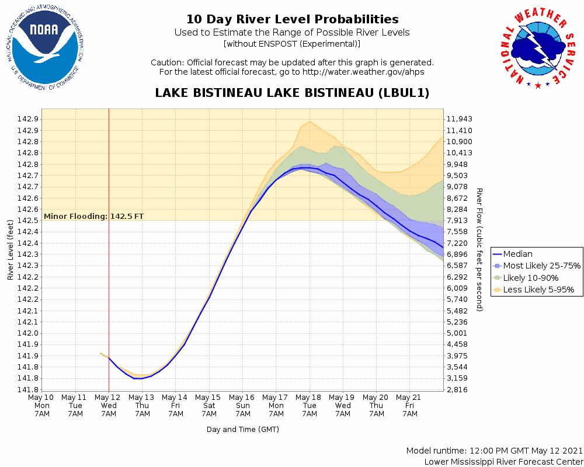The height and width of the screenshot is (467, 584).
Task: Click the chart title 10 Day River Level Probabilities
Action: click(292, 19)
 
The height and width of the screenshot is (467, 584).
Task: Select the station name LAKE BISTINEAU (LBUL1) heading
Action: click(292, 93)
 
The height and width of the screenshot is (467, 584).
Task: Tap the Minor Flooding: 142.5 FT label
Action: click(93, 217)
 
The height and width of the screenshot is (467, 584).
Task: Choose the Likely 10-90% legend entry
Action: click(530, 278)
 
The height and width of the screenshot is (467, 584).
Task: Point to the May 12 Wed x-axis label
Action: click(109, 405)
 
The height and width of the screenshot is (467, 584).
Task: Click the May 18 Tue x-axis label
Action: click(310, 405)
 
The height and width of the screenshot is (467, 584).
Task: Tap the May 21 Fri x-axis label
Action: click(410, 405)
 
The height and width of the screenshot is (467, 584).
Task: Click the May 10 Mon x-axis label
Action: click(42, 405)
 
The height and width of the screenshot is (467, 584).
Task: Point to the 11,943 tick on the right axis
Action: click(459, 119)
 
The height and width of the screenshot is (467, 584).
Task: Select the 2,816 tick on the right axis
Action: click(457, 390)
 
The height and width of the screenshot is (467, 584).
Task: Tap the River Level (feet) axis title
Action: click(11, 249)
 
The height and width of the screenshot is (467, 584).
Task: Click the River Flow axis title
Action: click(479, 249)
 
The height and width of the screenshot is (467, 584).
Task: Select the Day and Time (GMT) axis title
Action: click(242, 430)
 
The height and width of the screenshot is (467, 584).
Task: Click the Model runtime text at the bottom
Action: click(494, 451)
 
